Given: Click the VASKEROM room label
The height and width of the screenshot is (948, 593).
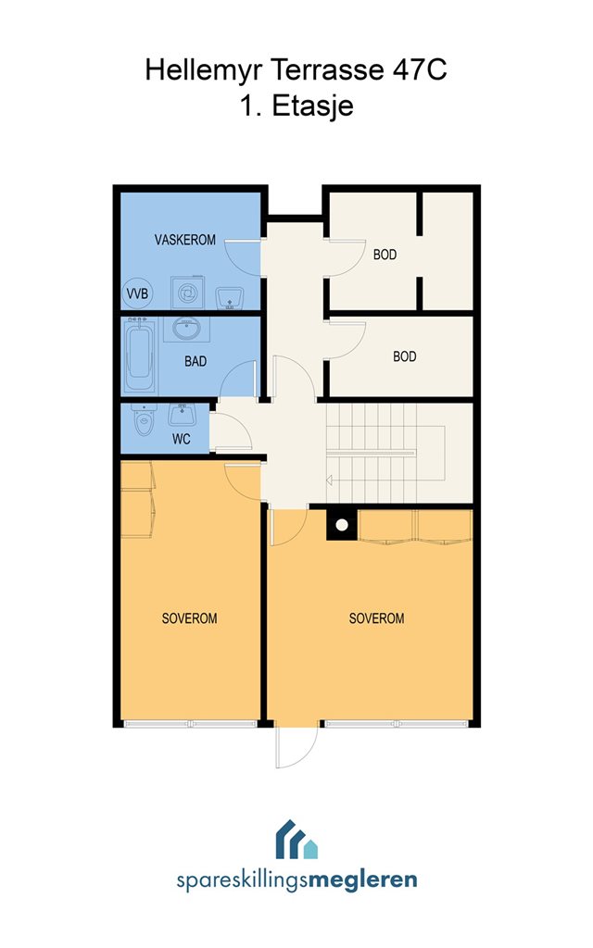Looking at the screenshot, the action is [185, 240].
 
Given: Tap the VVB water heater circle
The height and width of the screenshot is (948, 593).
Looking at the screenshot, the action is [137, 293].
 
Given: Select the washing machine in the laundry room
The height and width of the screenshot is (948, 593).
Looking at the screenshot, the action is [187, 293].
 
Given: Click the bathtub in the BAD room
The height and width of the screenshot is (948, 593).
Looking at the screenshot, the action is [140, 355].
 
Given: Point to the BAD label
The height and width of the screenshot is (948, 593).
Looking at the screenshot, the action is [196, 362].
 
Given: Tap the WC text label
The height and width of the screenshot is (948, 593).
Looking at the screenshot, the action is [182, 439].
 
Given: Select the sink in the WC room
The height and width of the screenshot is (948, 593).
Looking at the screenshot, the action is [183, 415].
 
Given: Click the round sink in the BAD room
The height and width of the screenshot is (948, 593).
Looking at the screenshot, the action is [186, 329].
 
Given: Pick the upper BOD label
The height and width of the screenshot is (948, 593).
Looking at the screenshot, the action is [385, 255].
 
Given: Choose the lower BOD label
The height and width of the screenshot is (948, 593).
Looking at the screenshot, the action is [405, 356].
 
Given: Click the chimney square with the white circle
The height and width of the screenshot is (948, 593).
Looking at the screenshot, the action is [342, 525].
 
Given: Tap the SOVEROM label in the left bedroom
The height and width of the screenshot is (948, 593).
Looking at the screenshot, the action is [189, 618].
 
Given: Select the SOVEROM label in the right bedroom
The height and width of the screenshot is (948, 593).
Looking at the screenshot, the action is [376, 618].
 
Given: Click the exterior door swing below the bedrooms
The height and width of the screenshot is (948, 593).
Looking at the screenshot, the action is [296, 747].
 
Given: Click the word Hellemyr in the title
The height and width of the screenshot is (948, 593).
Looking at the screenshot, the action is [204, 69].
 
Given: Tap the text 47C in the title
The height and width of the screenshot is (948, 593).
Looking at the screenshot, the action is [420, 69].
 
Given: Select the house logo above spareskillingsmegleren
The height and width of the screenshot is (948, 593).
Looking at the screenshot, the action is [296, 840].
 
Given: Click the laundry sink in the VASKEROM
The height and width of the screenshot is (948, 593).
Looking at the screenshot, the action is [230, 297].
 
